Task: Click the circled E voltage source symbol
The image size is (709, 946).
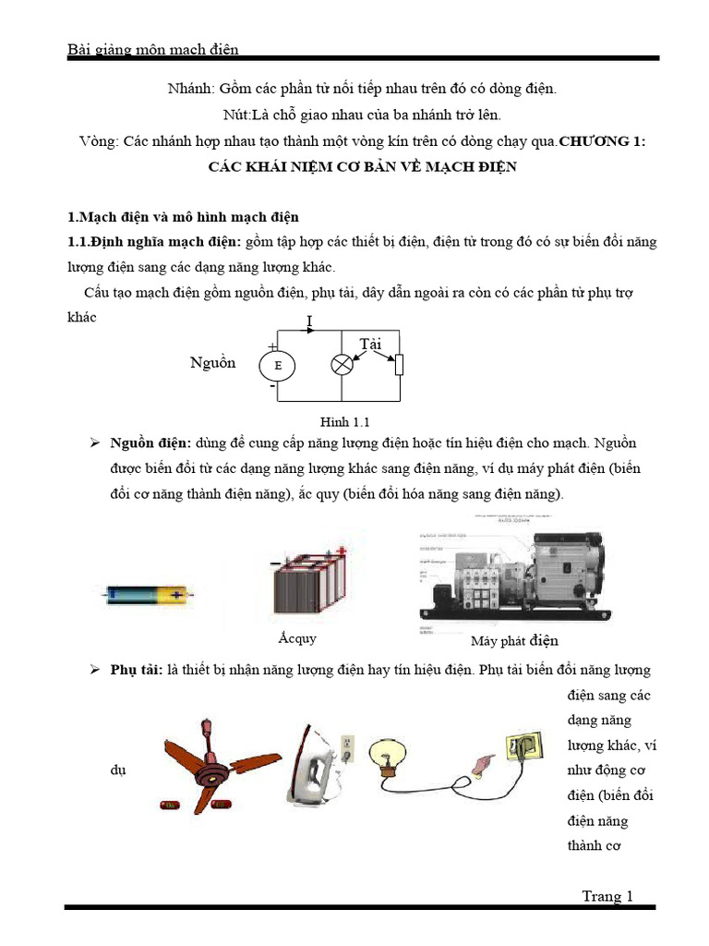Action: [x=277, y=366]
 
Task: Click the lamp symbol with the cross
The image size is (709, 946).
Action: [x=342, y=365]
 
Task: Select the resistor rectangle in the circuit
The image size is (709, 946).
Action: [x=399, y=365]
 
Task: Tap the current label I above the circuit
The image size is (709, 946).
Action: [x=309, y=321]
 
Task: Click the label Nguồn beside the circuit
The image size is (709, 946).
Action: [x=213, y=363]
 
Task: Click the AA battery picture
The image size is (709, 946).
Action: [x=148, y=595]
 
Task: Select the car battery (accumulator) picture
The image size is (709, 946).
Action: [x=309, y=588]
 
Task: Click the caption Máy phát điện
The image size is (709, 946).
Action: [x=514, y=640]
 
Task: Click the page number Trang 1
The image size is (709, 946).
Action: [x=607, y=895]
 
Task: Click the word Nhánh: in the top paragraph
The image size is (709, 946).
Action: [x=188, y=90]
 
